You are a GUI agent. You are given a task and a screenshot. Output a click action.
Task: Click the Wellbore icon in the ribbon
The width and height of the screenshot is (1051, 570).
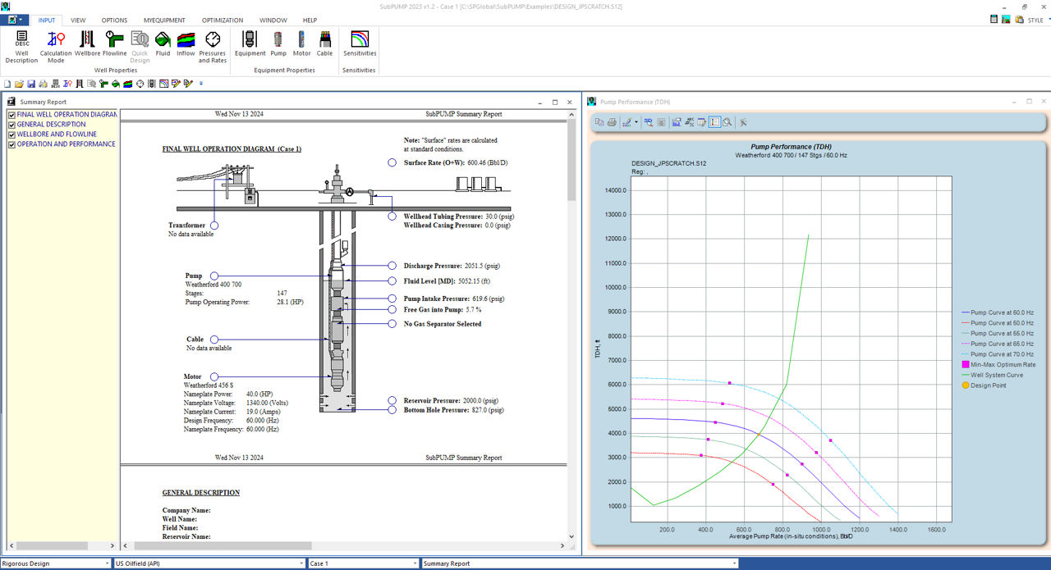coord(87,39)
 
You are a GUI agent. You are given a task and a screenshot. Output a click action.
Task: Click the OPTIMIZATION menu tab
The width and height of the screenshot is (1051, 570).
coord(223,21)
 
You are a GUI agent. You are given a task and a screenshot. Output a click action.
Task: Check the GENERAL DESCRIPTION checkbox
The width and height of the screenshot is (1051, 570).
coord(11,125)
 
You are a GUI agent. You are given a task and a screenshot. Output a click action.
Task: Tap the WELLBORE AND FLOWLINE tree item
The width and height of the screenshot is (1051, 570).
coord(57,134)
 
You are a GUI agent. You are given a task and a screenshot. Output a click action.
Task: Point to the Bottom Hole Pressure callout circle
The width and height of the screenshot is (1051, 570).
coord(392,410)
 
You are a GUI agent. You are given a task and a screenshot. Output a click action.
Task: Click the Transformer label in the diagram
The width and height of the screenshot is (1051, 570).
coord(186,225)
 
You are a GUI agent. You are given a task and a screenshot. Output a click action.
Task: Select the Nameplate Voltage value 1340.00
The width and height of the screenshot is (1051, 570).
coord(257,403)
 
